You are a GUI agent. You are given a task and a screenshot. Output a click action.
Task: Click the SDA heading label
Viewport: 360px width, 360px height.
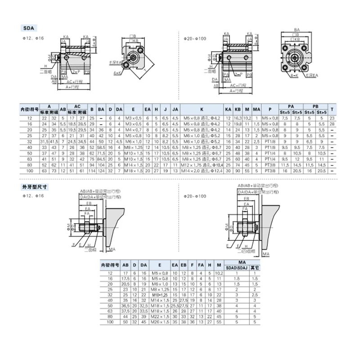(x=28, y=27)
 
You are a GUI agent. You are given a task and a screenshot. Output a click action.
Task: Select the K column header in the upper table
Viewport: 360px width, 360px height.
(x=202, y=109)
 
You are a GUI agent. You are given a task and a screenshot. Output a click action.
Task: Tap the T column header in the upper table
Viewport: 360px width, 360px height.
(x=331, y=109)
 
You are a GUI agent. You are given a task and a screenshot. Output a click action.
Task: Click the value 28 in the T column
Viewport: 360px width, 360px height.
(x=331, y=123)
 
